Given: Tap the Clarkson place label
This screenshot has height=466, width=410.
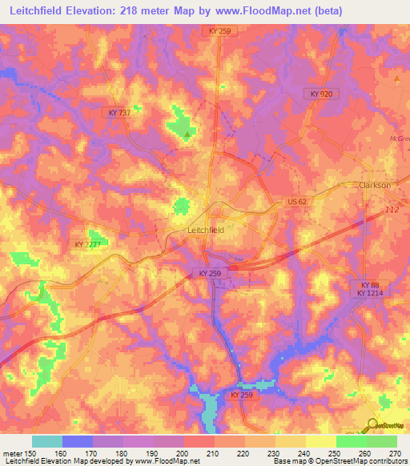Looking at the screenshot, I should pyautogui.click(x=375, y=185).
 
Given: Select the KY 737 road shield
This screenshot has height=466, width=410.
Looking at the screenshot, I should pyautogui.click(x=119, y=113).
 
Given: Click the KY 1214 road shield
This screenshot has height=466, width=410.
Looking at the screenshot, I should pyautogui.click(x=370, y=294).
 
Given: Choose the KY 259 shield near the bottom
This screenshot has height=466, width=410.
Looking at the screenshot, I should pyautogui.click(x=240, y=396).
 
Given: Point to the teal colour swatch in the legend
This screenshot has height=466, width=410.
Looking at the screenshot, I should pyautogui.click(x=47, y=441).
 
